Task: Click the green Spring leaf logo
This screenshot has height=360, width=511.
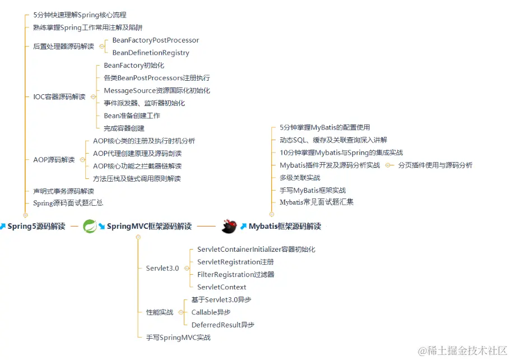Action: (x=90, y=226)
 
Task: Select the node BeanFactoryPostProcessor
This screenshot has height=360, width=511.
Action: (x=155, y=40)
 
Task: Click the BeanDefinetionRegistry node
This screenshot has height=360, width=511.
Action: (x=151, y=53)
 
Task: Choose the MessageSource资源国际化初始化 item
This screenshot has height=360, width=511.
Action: (x=157, y=90)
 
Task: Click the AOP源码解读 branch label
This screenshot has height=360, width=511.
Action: (x=54, y=160)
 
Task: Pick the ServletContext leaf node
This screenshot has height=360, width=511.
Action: (x=221, y=287)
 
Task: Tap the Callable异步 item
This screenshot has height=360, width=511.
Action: (x=211, y=312)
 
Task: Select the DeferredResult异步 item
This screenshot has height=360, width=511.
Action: (x=222, y=325)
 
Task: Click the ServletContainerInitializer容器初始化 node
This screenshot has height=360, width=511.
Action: (x=256, y=249)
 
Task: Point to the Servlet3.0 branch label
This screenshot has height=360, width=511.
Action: (x=162, y=268)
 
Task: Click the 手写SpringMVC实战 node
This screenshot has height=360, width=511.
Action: (x=178, y=338)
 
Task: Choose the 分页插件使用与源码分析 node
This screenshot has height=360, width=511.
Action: (x=435, y=165)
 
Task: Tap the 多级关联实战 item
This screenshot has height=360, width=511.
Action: (x=300, y=178)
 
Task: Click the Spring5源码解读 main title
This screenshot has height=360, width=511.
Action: (x=36, y=227)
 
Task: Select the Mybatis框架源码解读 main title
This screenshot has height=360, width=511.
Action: (x=285, y=227)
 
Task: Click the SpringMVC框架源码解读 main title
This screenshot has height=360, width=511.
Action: (x=149, y=227)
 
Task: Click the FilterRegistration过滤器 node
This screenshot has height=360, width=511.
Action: (x=236, y=274)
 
